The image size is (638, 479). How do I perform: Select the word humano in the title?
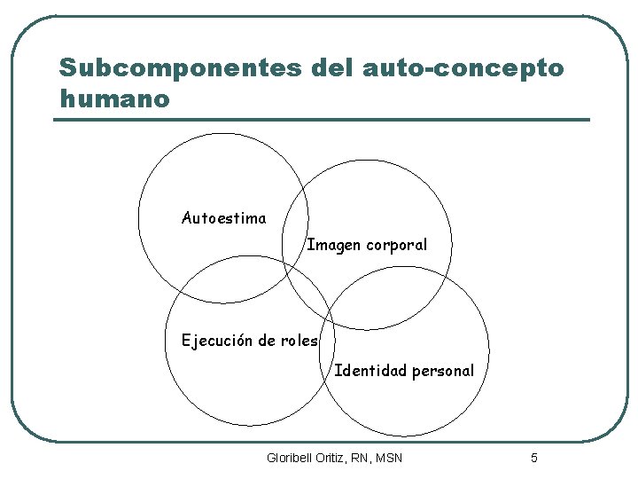[x=113, y=98]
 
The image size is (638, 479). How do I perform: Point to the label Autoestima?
[x=223, y=218]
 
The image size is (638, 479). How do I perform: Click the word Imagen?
[x=333, y=245]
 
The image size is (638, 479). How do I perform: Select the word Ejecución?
[x=216, y=341]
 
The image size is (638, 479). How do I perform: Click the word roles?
[x=300, y=341]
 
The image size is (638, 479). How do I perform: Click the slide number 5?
[x=533, y=458]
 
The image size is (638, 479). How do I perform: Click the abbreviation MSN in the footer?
[x=388, y=458]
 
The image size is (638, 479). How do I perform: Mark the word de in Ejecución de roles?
[x=264, y=341]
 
